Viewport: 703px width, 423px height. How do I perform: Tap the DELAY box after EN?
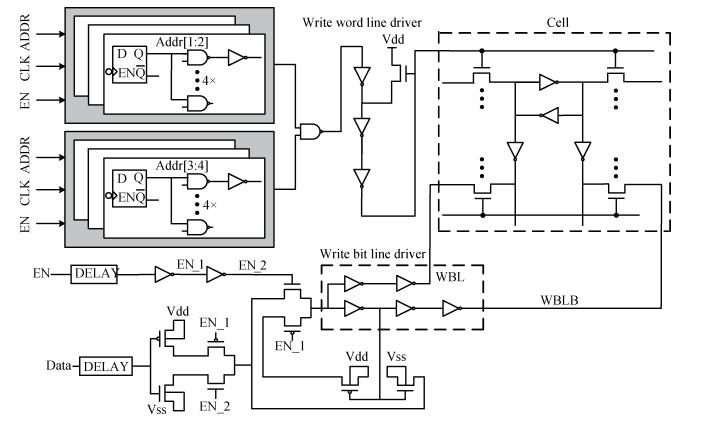pos(95,272)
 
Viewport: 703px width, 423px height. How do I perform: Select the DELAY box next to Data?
pos(105,366)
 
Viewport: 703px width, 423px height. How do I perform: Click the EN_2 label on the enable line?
pos(252,263)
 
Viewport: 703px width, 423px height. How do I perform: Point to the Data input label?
pos(61,366)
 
